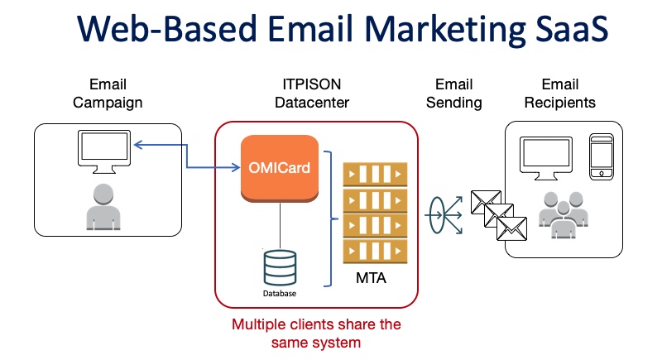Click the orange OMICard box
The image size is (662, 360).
[280, 167]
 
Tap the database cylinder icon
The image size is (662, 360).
[280, 266]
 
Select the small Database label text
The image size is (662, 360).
[280, 293]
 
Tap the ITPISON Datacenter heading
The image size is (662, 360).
[310, 94]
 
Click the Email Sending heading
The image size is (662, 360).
[453, 94]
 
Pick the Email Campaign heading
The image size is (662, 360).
[108, 94]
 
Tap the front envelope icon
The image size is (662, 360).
[512, 228]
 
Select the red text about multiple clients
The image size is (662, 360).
[316, 333]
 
